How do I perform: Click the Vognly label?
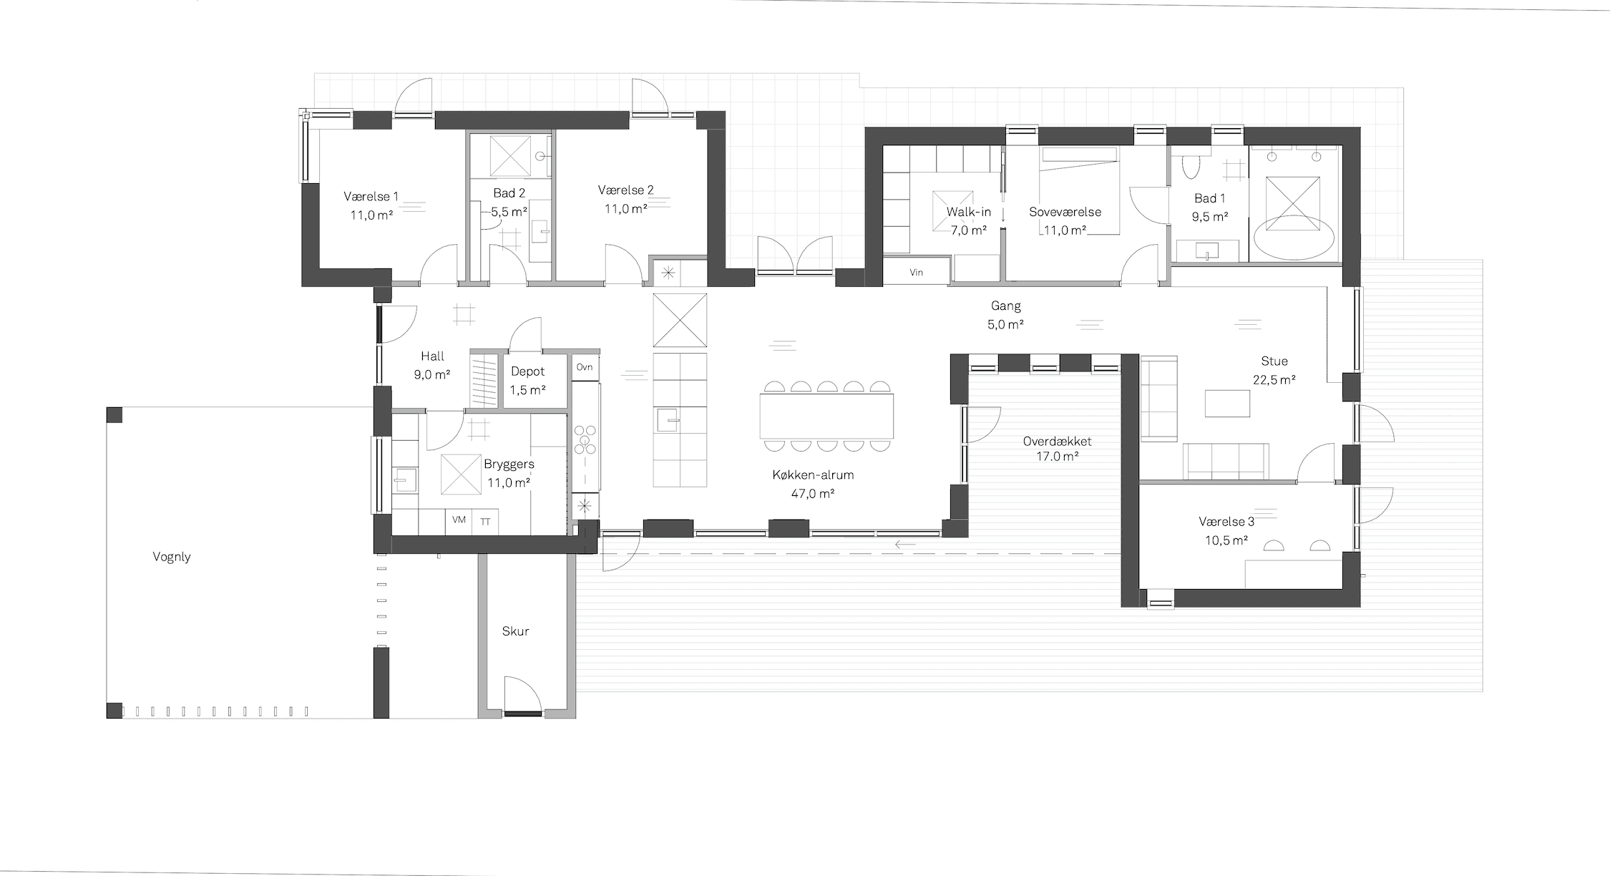172,557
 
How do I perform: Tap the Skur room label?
515,631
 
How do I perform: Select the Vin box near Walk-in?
916,272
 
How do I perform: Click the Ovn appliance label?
585,367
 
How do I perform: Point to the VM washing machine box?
459,520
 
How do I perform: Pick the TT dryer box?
485,522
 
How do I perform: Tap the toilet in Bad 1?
1191,166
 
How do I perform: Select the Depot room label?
527,371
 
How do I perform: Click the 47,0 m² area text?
813,493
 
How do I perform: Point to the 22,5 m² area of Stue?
1274,380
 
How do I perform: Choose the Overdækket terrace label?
1058,441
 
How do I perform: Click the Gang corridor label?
1005,306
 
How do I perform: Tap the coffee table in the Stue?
1227,403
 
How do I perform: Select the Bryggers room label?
509,464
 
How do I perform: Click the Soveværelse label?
1065,212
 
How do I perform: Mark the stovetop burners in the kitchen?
585,439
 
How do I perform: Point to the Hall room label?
432,356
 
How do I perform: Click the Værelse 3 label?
1226,522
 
